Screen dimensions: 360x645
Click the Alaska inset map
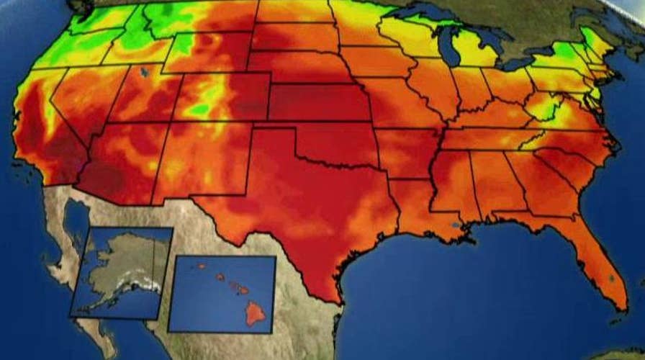click(x=121, y=272)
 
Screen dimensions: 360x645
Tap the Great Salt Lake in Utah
click(x=147, y=73)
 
